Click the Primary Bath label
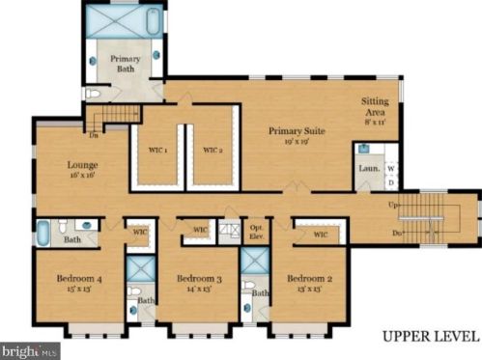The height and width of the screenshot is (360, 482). (x=125, y=64)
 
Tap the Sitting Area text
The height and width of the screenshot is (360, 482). (x=375, y=106)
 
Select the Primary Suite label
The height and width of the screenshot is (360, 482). (x=296, y=130)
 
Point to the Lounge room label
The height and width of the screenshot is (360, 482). (x=82, y=165)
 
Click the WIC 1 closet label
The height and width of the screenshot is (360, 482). (x=157, y=150)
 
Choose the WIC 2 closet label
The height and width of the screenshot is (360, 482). (x=213, y=150)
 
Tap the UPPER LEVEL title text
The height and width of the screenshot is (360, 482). (x=430, y=337)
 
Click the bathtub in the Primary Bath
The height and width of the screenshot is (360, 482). (x=125, y=20)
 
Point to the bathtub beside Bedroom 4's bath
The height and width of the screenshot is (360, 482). (x=43, y=233)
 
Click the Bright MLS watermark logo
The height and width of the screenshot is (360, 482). (x=30, y=350)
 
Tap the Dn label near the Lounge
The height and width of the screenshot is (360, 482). (x=93, y=134)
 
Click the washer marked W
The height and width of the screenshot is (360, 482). (x=391, y=167)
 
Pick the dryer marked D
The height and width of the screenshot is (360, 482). (x=391, y=180)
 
